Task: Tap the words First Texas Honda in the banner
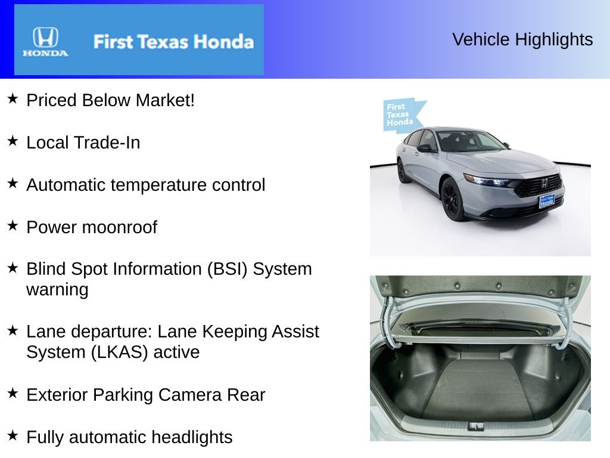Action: click(173, 42)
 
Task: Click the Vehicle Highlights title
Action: click(522, 39)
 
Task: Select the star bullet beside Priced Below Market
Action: click(13, 98)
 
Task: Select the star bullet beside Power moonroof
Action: click(13, 225)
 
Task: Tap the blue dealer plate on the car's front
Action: click(547, 201)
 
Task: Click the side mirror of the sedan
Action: click(425, 148)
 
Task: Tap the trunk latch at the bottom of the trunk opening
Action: click(475, 426)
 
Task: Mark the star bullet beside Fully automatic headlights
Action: click(13, 435)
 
